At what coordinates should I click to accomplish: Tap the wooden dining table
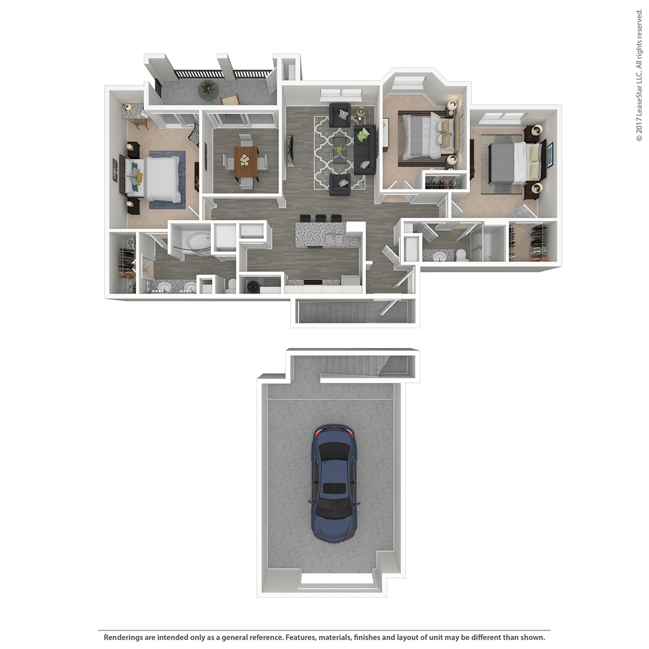246,161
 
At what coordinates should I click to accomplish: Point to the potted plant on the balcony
208,88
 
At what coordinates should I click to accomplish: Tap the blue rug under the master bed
167,179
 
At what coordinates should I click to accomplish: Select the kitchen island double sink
334,239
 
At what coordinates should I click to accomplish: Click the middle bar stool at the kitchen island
320,219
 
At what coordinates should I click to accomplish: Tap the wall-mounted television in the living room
291,150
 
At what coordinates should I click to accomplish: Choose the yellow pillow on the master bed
139,177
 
